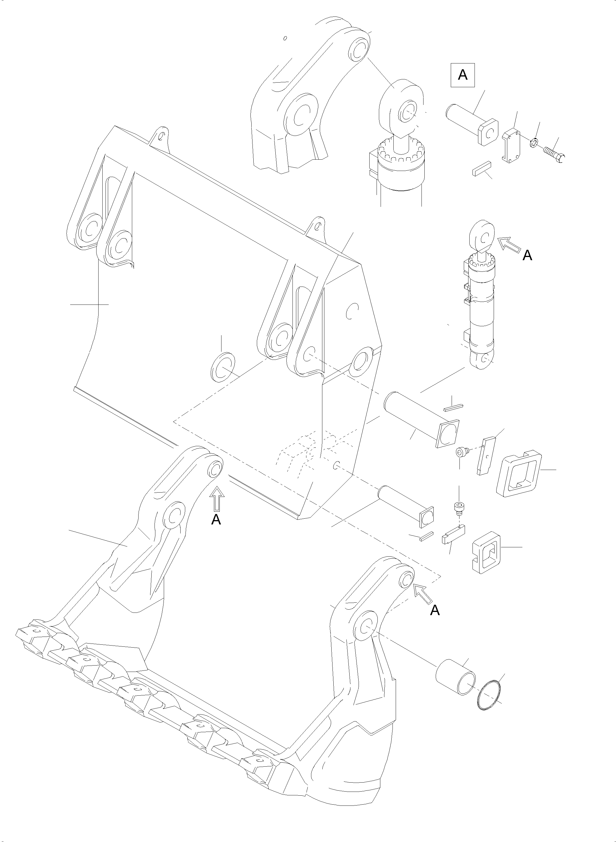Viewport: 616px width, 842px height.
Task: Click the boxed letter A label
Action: point(462,75)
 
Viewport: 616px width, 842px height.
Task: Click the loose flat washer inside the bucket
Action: point(223,366)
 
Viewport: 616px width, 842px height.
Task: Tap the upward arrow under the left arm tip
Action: point(217,500)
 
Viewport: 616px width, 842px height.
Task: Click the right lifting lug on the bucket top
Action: point(316,226)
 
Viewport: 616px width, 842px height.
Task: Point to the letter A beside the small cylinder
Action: point(527,255)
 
